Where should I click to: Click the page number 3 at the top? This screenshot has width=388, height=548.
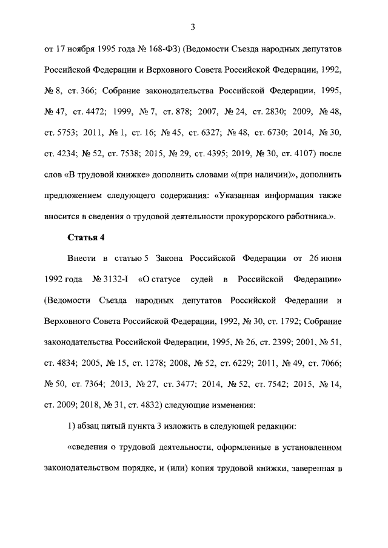point(192,27)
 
